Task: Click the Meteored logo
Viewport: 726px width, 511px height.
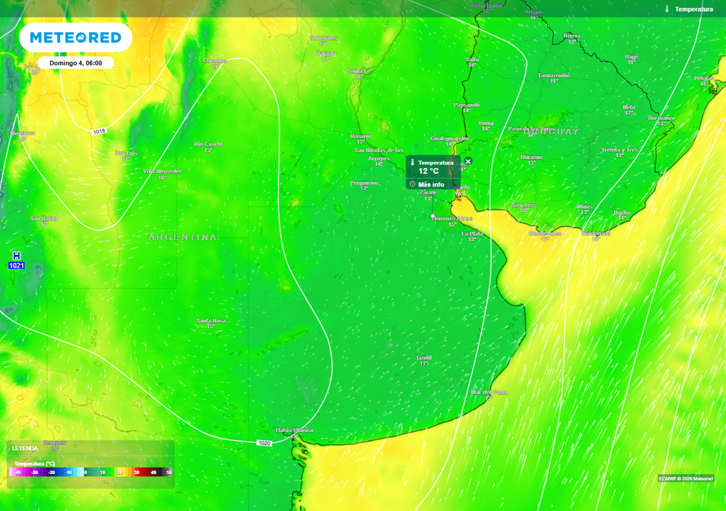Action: click(x=75, y=37)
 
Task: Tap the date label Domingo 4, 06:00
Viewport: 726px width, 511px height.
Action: click(x=75, y=63)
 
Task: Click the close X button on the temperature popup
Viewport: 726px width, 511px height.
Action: click(x=468, y=162)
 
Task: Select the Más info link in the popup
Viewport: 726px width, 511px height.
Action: click(x=430, y=185)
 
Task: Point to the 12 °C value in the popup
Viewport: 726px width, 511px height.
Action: click(x=428, y=171)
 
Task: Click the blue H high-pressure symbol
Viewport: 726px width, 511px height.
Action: click(x=16, y=255)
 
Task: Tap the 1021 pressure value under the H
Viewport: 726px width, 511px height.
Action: click(x=16, y=265)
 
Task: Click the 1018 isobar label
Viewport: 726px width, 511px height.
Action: click(x=99, y=131)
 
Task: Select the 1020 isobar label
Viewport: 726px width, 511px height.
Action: click(x=264, y=443)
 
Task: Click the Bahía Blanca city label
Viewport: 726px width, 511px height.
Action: click(x=294, y=430)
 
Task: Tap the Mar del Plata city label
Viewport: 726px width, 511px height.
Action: click(x=489, y=392)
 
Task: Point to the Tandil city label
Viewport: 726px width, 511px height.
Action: click(x=424, y=358)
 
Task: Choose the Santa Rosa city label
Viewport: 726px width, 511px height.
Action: click(x=211, y=321)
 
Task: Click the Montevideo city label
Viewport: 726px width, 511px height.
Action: click(x=544, y=233)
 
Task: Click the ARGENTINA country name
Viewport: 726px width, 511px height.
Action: click(x=183, y=237)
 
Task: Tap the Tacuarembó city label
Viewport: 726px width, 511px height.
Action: click(x=554, y=75)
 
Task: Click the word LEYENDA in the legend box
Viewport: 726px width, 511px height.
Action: click(x=25, y=449)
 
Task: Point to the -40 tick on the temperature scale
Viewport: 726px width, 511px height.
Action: click(x=18, y=472)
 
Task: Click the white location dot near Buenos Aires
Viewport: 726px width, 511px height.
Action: click(x=433, y=216)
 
